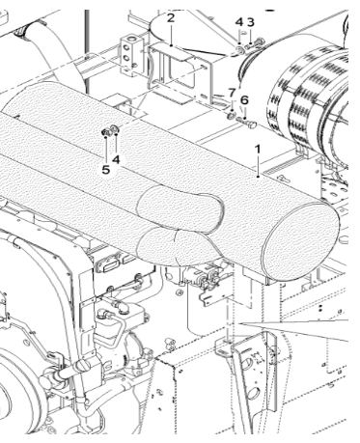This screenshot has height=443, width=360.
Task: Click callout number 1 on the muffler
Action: [x=259, y=152]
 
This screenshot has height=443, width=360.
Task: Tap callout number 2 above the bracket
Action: [x=170, y=18]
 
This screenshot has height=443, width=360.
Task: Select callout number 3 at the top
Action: [x=250, y=21]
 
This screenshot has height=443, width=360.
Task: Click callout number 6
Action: [x=244, y=98]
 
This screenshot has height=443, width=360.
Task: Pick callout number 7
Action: [x=232, y=93]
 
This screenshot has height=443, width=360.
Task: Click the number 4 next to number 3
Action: [x=238, y=21]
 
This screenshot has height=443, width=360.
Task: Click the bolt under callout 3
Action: [x=255, y=40]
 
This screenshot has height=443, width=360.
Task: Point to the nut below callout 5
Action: [x=103, y=133]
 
